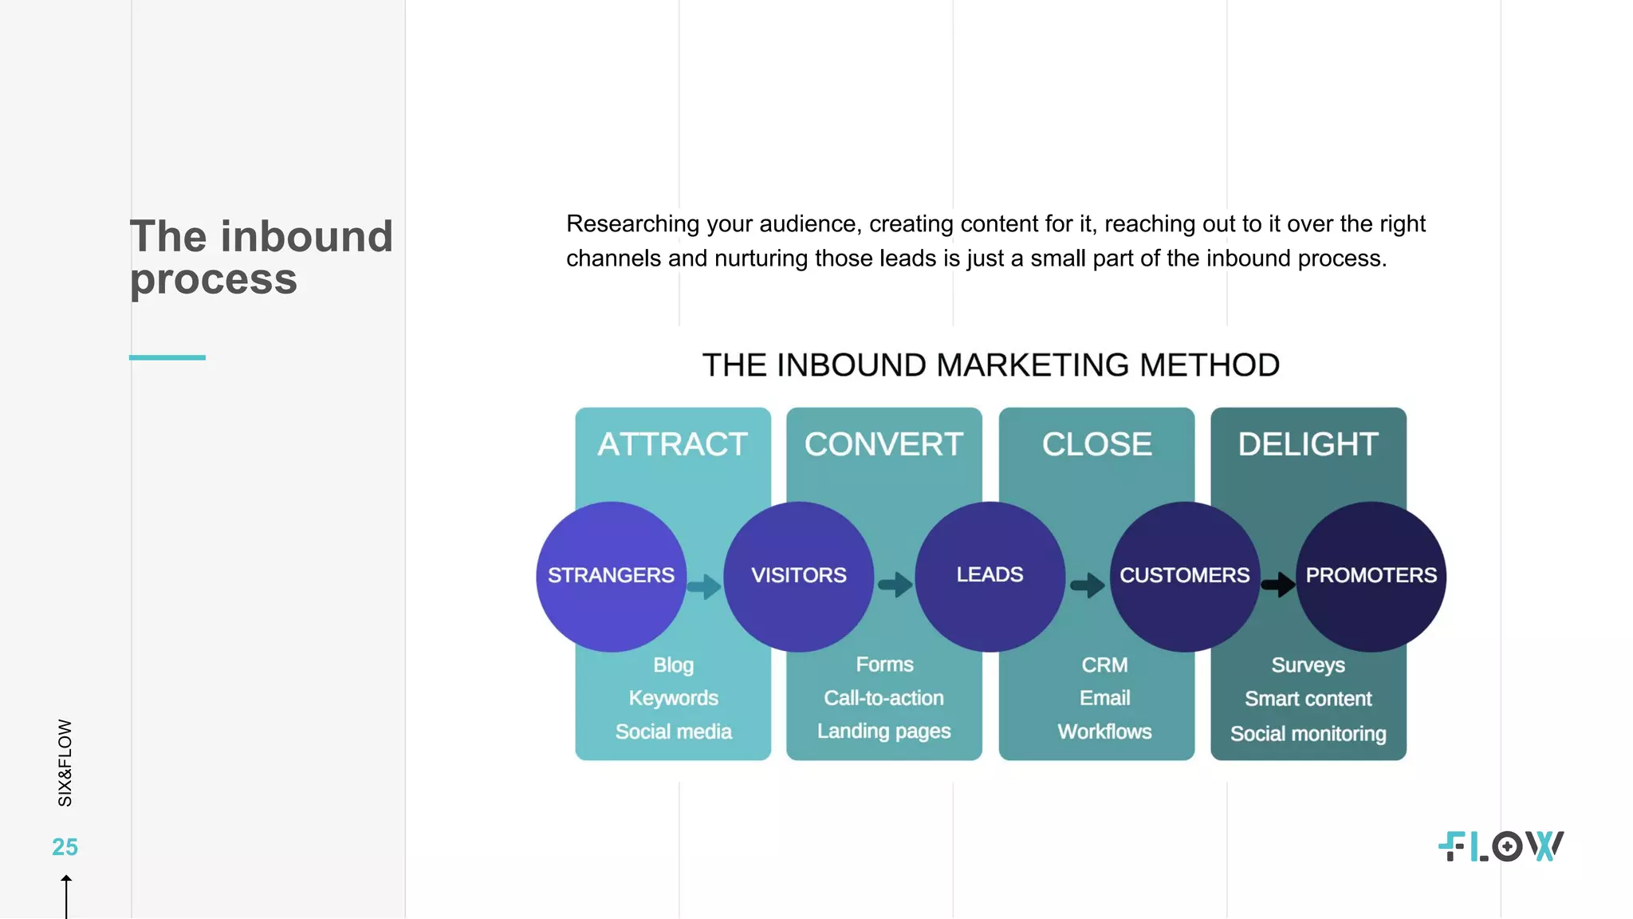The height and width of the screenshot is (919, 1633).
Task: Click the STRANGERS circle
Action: (611, 576)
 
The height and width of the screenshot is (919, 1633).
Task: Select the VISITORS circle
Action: (798, 576)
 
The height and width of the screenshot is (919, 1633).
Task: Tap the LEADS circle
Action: (990, 576)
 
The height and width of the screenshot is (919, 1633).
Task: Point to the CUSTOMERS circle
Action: (1184, 576)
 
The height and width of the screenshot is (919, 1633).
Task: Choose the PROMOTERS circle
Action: (1371, 576)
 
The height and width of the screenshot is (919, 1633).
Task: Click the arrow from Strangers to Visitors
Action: (704, 586)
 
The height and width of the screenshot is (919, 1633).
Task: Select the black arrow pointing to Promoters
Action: (1278, 585)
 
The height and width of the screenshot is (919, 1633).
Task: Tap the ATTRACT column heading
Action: (672, 444)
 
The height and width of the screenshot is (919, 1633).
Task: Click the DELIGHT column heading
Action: (1308, 444)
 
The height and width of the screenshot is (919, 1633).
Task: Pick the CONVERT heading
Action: (883, 444)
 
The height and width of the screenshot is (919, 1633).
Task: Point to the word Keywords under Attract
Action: (673, 698)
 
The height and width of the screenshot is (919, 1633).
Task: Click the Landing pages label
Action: (883, 731)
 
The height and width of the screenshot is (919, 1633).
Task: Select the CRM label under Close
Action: (1104, 665)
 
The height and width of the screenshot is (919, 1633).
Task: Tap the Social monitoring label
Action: (1308, 733)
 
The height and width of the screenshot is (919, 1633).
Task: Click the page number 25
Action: (65, 847)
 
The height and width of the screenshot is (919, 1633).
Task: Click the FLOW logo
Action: (1501, 846)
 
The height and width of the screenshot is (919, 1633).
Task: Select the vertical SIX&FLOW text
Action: (65, 763)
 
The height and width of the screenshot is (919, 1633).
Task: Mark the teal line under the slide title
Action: (167, 357)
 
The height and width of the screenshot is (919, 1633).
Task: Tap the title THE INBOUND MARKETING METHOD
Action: (990, 365)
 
